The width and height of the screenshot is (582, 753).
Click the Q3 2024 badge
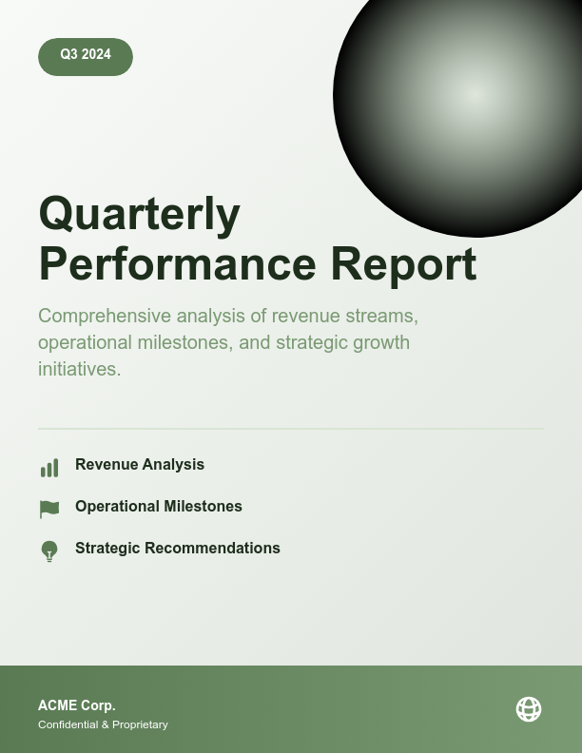click(x=86, y=56)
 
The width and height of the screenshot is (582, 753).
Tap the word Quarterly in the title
click(x=139, y=214)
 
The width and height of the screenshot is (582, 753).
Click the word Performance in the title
click(x=177, y=264)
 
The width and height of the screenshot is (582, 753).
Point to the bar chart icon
click(x=49, y=468)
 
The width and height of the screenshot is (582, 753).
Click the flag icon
click(x=49, y=510)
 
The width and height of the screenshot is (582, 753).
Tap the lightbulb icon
click(x=49, y=551)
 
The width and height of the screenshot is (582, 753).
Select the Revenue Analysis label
click(x=140, y=465)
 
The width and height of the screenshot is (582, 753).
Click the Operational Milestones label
click(x=159, y=507)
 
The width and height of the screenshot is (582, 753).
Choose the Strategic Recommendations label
click(x=178, y=549)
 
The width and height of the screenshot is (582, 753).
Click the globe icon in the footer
click(x=529, y=709)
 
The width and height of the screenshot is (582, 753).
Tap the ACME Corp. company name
click(x=77, y=705)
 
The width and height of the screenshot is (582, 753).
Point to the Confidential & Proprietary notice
click(x=103, y=724)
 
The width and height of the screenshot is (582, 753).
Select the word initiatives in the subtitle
click(x=79, y=369)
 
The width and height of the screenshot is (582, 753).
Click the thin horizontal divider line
click(x=291, y=429)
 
